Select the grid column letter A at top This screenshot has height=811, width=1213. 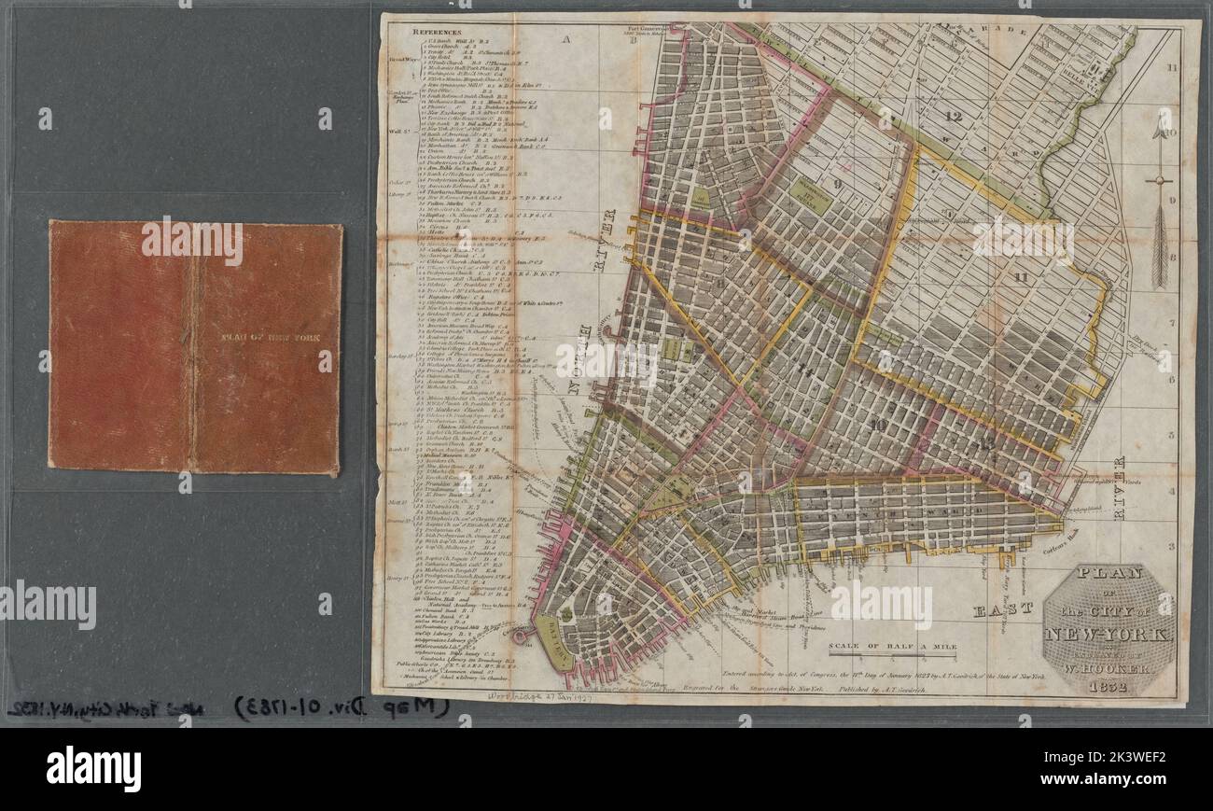point(565,40)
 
